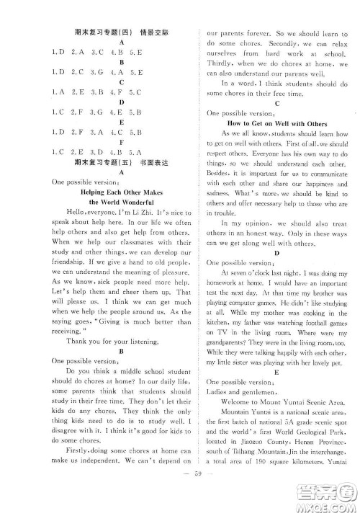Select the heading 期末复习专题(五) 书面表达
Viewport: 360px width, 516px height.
point(122,162)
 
